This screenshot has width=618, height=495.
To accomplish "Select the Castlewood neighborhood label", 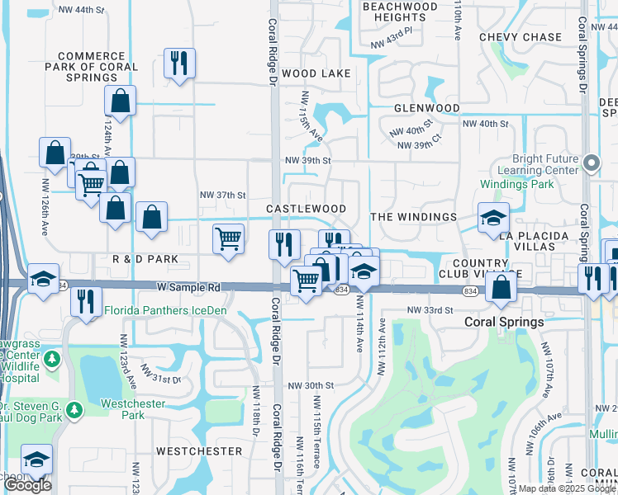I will pos(306,210).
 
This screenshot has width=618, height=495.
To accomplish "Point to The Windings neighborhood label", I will pos(413,216).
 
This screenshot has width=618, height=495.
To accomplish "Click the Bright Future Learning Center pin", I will pos(591,163).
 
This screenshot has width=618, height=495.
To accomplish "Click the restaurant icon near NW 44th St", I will pos(178,63).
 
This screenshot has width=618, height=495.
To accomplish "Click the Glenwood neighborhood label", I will pos(426,108).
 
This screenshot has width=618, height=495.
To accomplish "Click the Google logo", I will pos(28,485).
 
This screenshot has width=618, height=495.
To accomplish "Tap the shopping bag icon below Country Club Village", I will pos(502,287).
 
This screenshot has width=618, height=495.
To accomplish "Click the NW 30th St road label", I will pos(310,385).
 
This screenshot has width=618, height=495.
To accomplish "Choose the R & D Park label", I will pos(145,259).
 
